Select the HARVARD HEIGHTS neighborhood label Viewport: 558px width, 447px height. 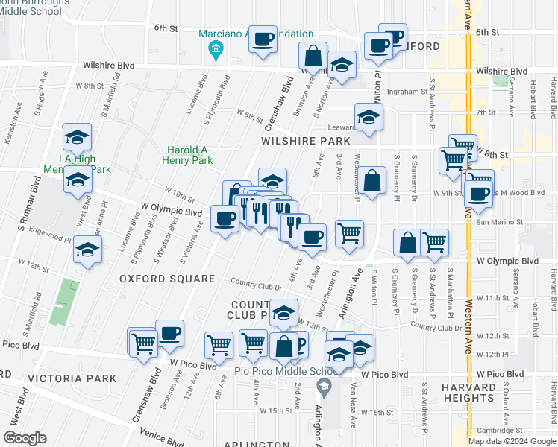click(x=468, y=393)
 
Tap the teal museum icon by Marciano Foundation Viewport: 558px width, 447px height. click(x=216, y=50)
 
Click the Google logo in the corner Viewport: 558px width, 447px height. click(x=25, y=438)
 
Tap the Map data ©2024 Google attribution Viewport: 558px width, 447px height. click(x=512, y=441)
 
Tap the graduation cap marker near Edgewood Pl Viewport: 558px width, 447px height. click(x=88, y=250)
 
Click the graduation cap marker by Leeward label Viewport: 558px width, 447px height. click(x=369, y=118)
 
